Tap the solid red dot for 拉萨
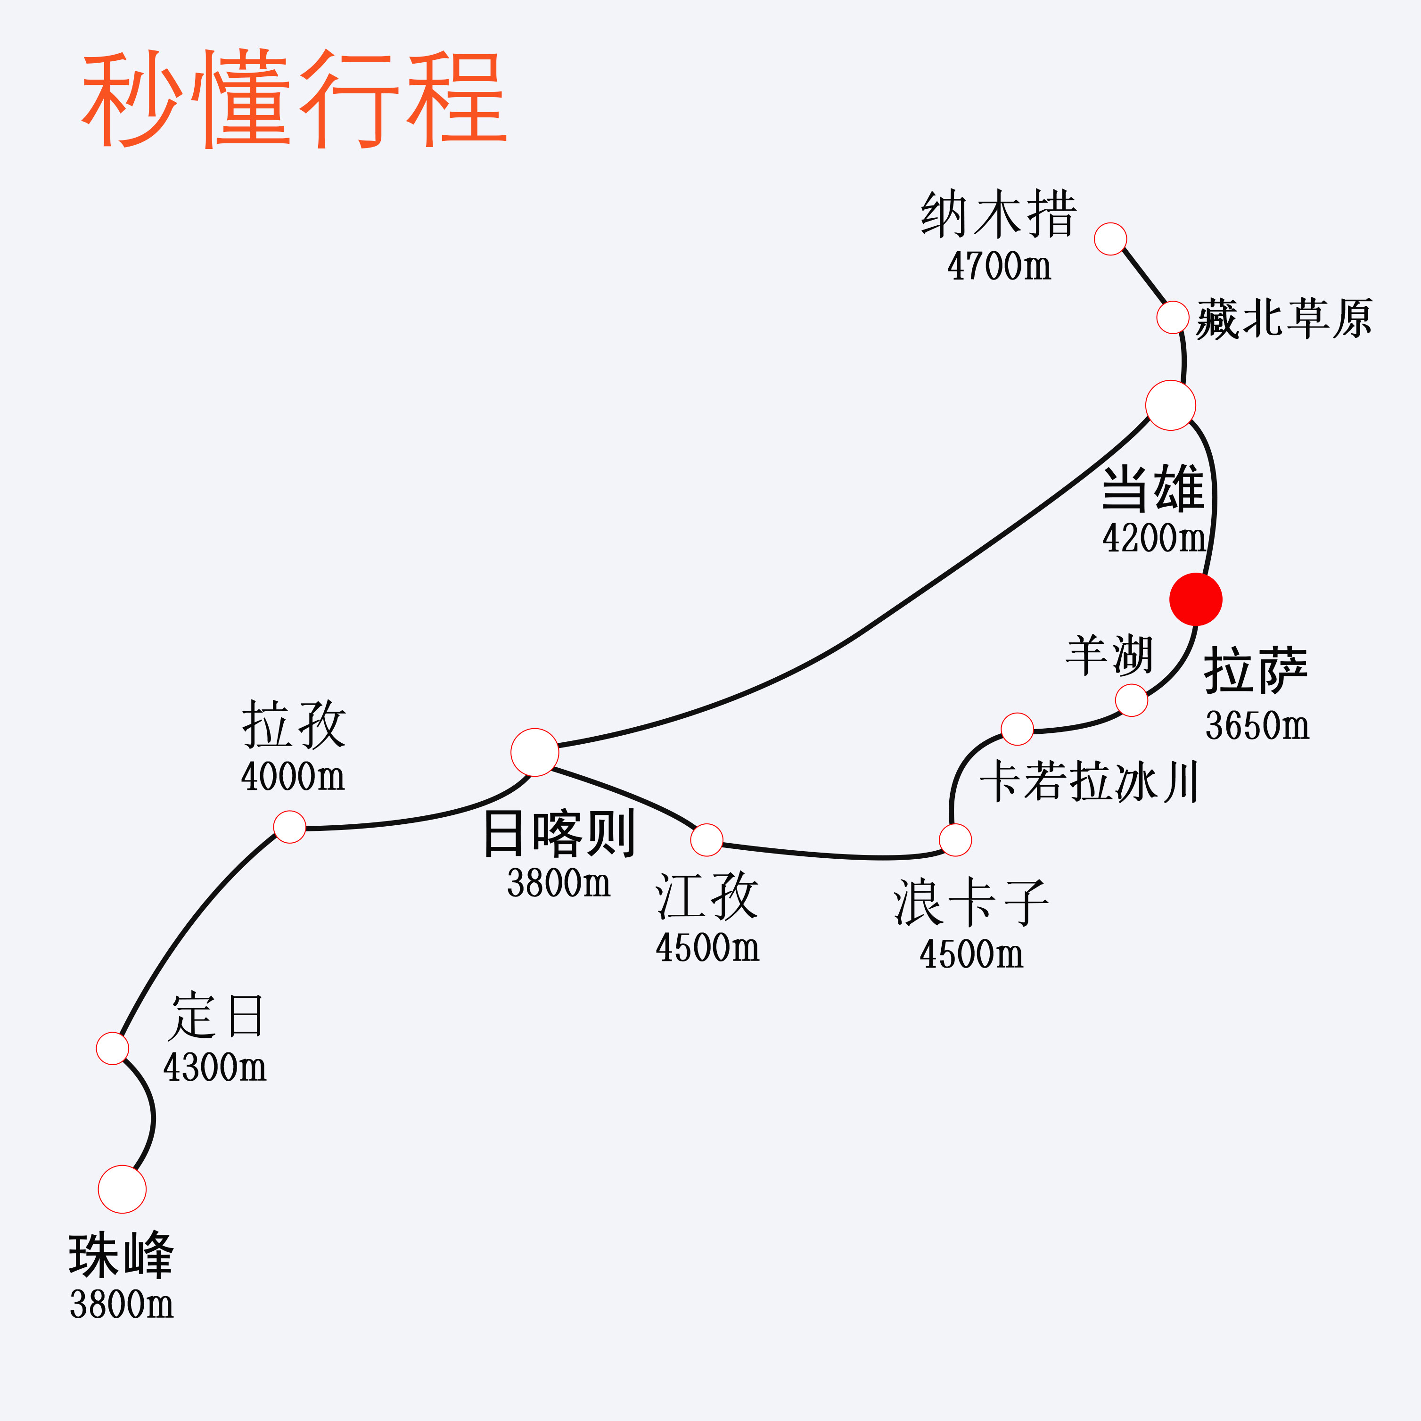click(x=1195, y=600)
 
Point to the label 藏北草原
click(x=1283, y=319)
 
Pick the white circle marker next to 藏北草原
click(x=1173, y=317)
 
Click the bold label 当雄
click(x=1152, y=489)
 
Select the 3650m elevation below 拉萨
click(x=1257, y=725)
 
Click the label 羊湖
click(x=1109, y=655)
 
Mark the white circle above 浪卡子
click(x=955, y=840)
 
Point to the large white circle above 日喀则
click(x=535, y=752)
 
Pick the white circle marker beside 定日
click(x=113, y=1048)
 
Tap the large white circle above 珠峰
click(x=122, y=1189)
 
